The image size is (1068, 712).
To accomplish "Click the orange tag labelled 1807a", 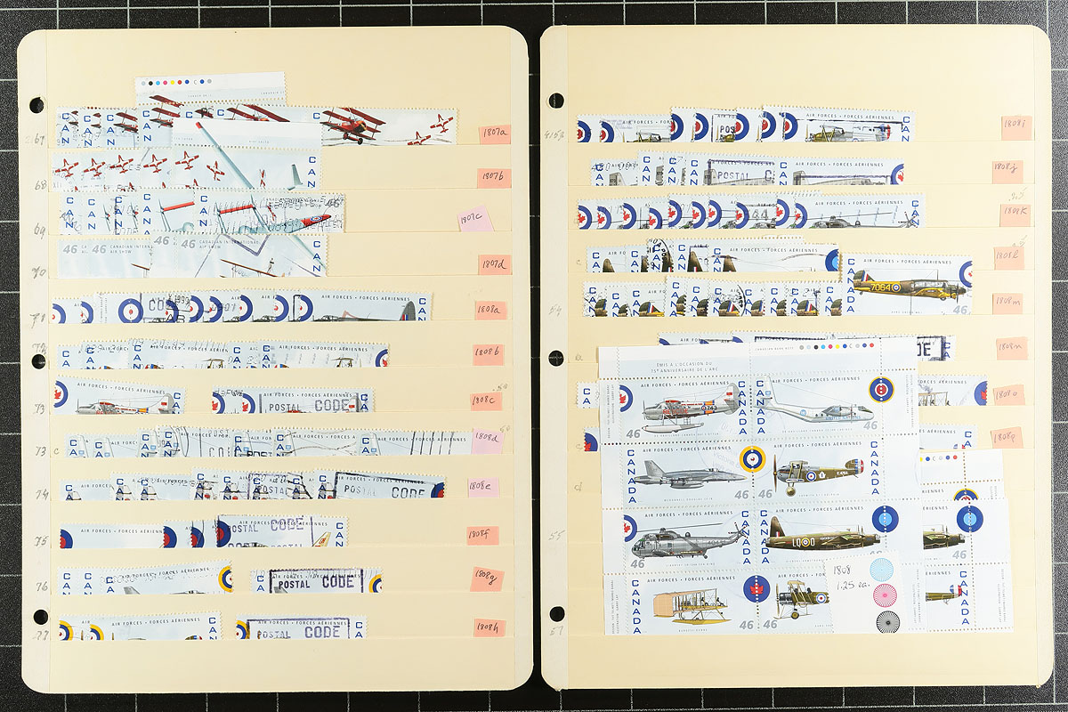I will tap(494, 134).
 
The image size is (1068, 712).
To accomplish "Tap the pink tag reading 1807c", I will tap(475, 219).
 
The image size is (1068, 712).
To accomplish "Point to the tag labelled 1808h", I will tap(489, 627).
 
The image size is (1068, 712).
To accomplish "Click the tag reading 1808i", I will tap(1015, 128).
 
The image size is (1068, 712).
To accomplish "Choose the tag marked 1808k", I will tap(1015, 214).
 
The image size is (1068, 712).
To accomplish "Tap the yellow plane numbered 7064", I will tap(908, 287).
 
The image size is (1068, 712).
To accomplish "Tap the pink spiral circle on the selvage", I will tap(886, 595).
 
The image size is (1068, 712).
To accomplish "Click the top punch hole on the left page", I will tap(36, 105).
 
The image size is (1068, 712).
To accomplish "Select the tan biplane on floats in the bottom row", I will tap(690, 605).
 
